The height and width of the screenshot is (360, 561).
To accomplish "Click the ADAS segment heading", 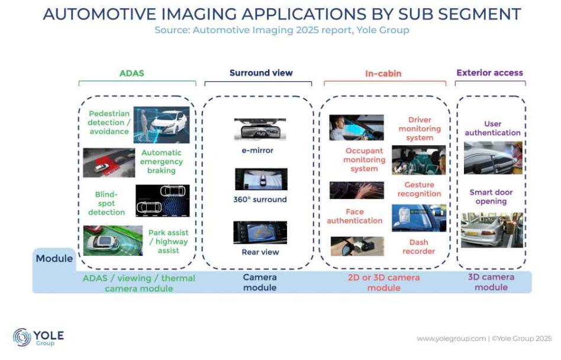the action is (131, 73).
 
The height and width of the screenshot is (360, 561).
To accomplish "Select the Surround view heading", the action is (261, 73).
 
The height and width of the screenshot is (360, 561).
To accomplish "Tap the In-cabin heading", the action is (383, 74).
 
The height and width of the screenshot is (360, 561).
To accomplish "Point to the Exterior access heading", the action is (489, 73).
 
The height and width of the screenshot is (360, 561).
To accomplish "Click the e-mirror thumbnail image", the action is (260, 129).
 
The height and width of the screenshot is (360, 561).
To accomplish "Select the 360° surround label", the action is (260, 200).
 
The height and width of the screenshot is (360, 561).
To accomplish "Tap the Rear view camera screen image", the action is (260, 233).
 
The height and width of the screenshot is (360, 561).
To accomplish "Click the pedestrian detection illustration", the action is (162, 124).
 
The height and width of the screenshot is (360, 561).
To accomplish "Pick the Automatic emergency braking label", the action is (162, 162).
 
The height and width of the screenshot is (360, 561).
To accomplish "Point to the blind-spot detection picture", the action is (162, 201).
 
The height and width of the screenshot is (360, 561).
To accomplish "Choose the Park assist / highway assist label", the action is (169, 242).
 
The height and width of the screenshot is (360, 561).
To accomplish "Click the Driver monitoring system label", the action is (420, 129).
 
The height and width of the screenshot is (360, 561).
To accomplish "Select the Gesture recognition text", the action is (420, 189).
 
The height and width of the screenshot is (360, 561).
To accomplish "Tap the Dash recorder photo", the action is (357, 246).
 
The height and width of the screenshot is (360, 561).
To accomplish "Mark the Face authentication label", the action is (354, 217).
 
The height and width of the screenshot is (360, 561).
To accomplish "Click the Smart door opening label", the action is (491, 197).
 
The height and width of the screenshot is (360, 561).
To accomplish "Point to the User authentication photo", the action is (493, 158).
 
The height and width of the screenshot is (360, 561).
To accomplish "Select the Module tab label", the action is (54, 258).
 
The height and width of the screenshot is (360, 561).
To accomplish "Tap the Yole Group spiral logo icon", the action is (22, 337).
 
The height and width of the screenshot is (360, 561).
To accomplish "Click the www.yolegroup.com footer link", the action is (451, 339).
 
